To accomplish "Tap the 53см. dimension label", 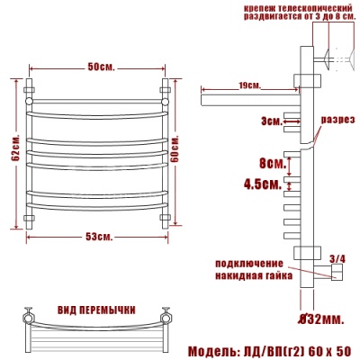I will tap(99, 237).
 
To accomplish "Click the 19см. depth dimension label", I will tap(251, 86).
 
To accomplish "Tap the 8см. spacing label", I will tap(270, 164).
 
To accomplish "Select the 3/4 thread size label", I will tap(338, 259).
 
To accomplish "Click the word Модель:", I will tap(214, 349).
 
